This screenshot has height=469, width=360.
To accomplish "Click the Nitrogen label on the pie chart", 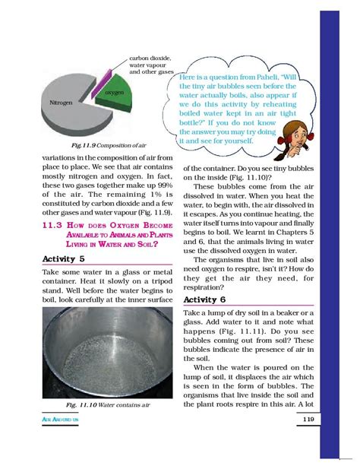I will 61,102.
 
